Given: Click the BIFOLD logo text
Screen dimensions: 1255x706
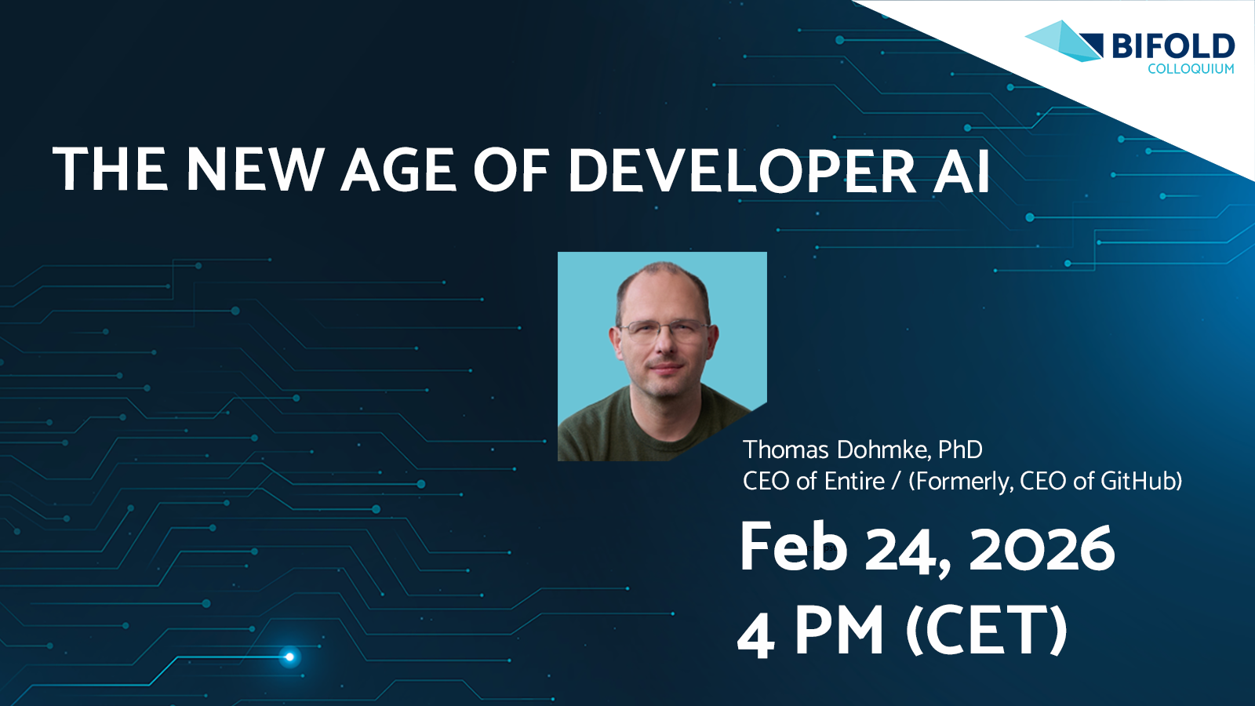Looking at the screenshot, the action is point(1173,46).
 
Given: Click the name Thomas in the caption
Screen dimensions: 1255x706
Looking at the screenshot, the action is point(785,450).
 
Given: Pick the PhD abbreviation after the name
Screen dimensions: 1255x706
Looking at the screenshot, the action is point(960,450).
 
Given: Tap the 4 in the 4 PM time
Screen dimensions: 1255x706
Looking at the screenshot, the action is point(756,632).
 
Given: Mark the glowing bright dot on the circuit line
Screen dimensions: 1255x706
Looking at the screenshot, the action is point(289,657).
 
